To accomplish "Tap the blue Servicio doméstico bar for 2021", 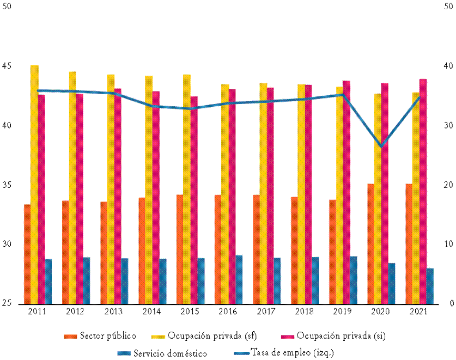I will click(x=430, y=286).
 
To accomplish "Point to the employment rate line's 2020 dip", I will click(x=381, y=147).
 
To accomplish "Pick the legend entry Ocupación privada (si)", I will click(x=338, y=335).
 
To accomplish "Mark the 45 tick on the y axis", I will click(x=7, y=66).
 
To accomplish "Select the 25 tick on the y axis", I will click(x=7, y=303).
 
